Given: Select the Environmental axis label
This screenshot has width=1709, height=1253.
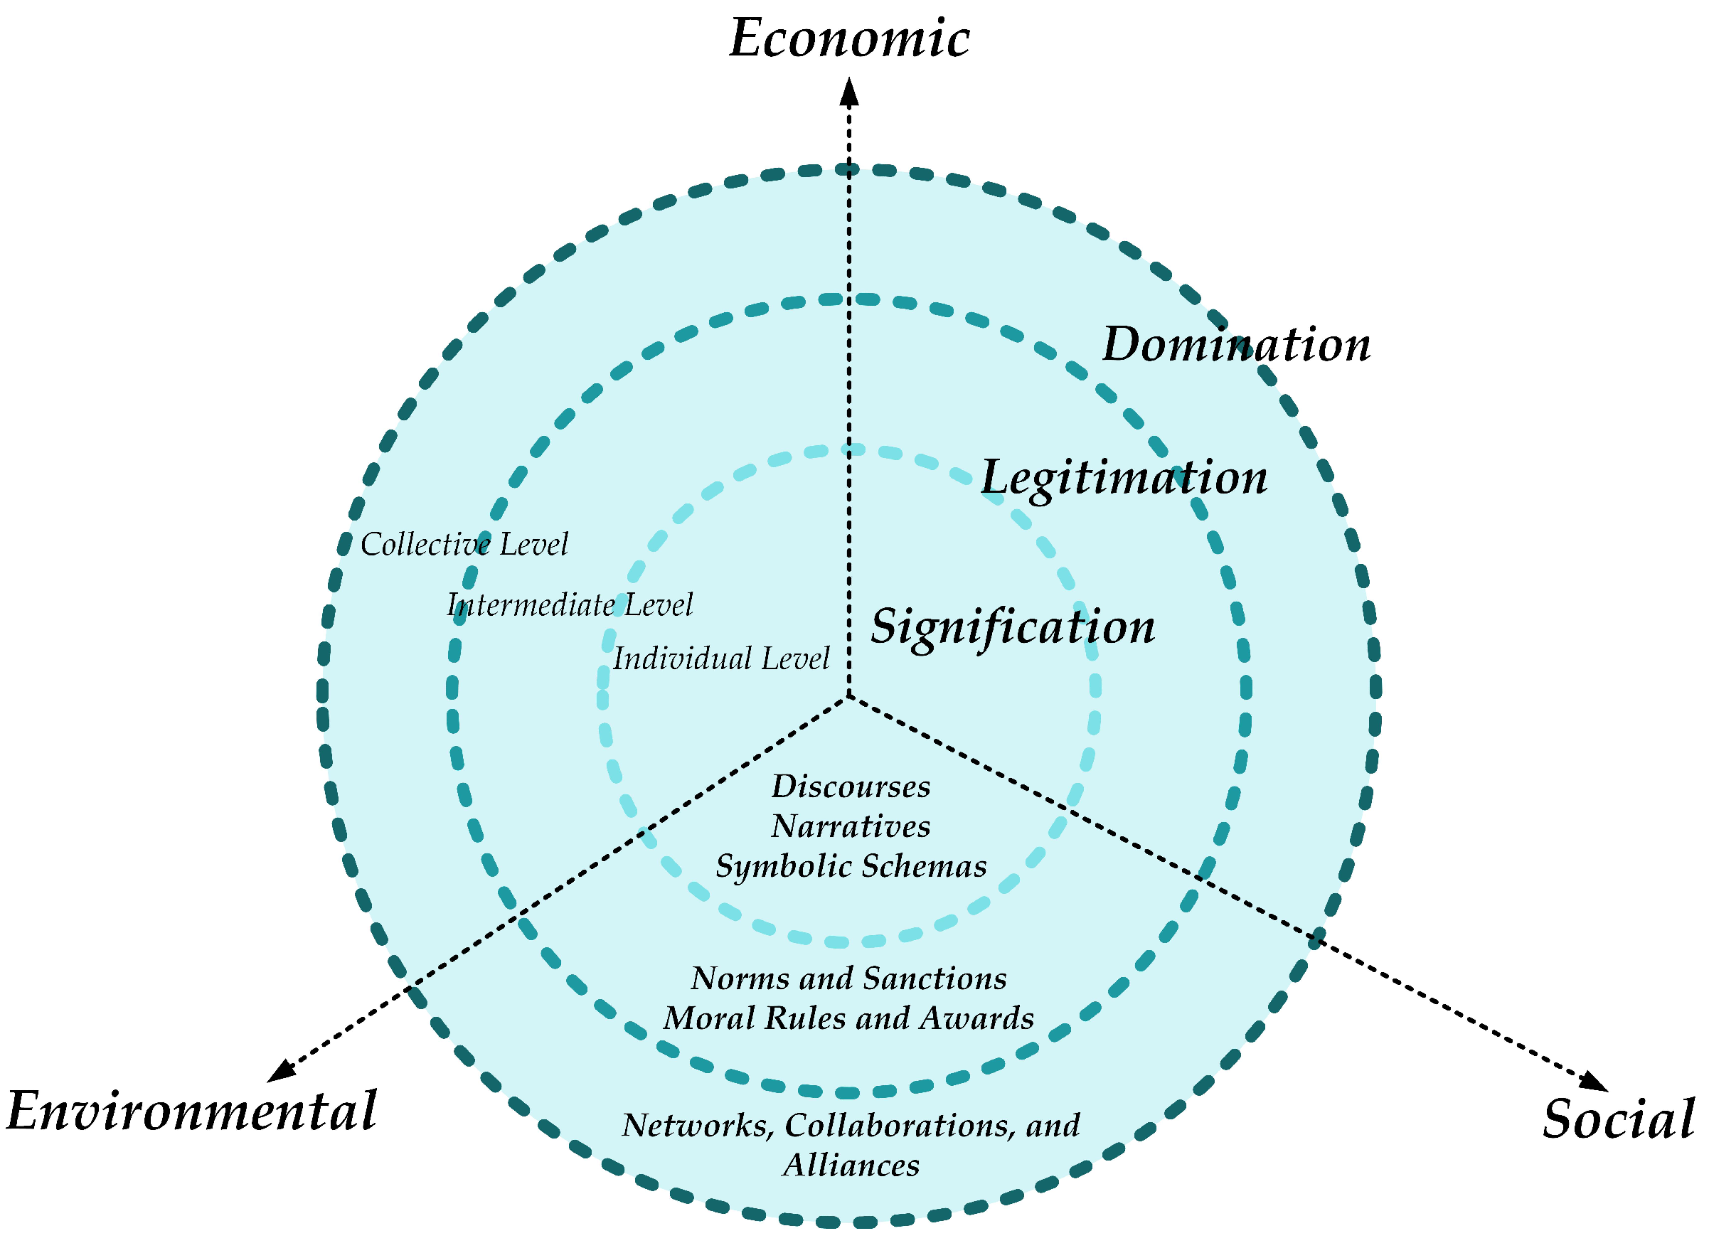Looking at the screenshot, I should pos(191,1112).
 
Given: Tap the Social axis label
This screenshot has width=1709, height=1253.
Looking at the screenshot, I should pos(1618,1119).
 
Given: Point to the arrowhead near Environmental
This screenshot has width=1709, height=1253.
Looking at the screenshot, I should pos(282,1070).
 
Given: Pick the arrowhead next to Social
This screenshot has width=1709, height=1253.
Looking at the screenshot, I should pos(1595,1082).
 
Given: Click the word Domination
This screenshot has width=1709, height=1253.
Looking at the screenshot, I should pos(1235,344).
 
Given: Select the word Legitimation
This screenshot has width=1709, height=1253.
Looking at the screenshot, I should pos(1124,478).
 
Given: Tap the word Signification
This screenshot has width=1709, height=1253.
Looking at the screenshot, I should pos(1012,626).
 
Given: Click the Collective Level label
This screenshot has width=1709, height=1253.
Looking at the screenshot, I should pos(464,545).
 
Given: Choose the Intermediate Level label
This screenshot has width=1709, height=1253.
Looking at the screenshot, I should pos(569,605).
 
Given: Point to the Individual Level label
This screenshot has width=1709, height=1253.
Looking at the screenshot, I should pos(720,659).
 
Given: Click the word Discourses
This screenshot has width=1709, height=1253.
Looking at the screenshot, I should pos(851,787).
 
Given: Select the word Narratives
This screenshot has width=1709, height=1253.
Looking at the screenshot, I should pos(851,827).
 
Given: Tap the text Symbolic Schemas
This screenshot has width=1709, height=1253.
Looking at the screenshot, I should pos(851,866).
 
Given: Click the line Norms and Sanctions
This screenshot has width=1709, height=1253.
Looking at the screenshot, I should pos(848,979).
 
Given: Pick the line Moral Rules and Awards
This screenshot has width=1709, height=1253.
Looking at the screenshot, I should pos(848,1018).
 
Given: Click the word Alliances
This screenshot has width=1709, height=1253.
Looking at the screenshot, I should pos(851,1166).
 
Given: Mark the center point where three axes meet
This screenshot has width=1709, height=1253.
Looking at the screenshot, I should pos(849,696).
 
